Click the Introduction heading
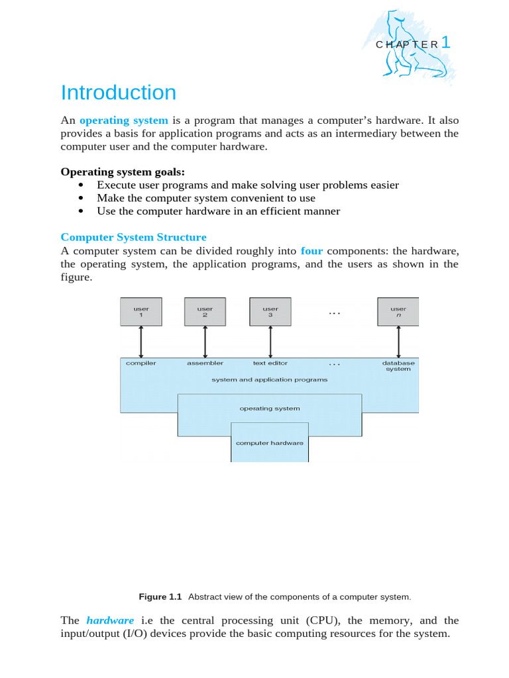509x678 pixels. tap(118, 93)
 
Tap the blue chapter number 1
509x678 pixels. tap(445, 43)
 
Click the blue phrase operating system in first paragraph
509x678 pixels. tap(124, 121)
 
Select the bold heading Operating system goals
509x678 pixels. tap(123, 172)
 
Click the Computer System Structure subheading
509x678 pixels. tap(133, 237)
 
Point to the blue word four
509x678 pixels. tap(311, 251)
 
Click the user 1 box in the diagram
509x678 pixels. tap(141, 312)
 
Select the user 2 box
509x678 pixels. tap(205, 312)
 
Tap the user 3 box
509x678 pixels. tap(270, 312)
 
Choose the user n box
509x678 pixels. tap(398, 312)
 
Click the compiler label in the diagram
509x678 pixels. tap(141, 363)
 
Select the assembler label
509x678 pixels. tap(205, 363)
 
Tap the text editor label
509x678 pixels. tap(270, 363)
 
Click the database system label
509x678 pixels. tap(398, 366)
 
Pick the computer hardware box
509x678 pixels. tap(270, 442)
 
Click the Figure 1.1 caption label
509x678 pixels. tap(160, 597)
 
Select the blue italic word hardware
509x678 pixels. tap(110, 620)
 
